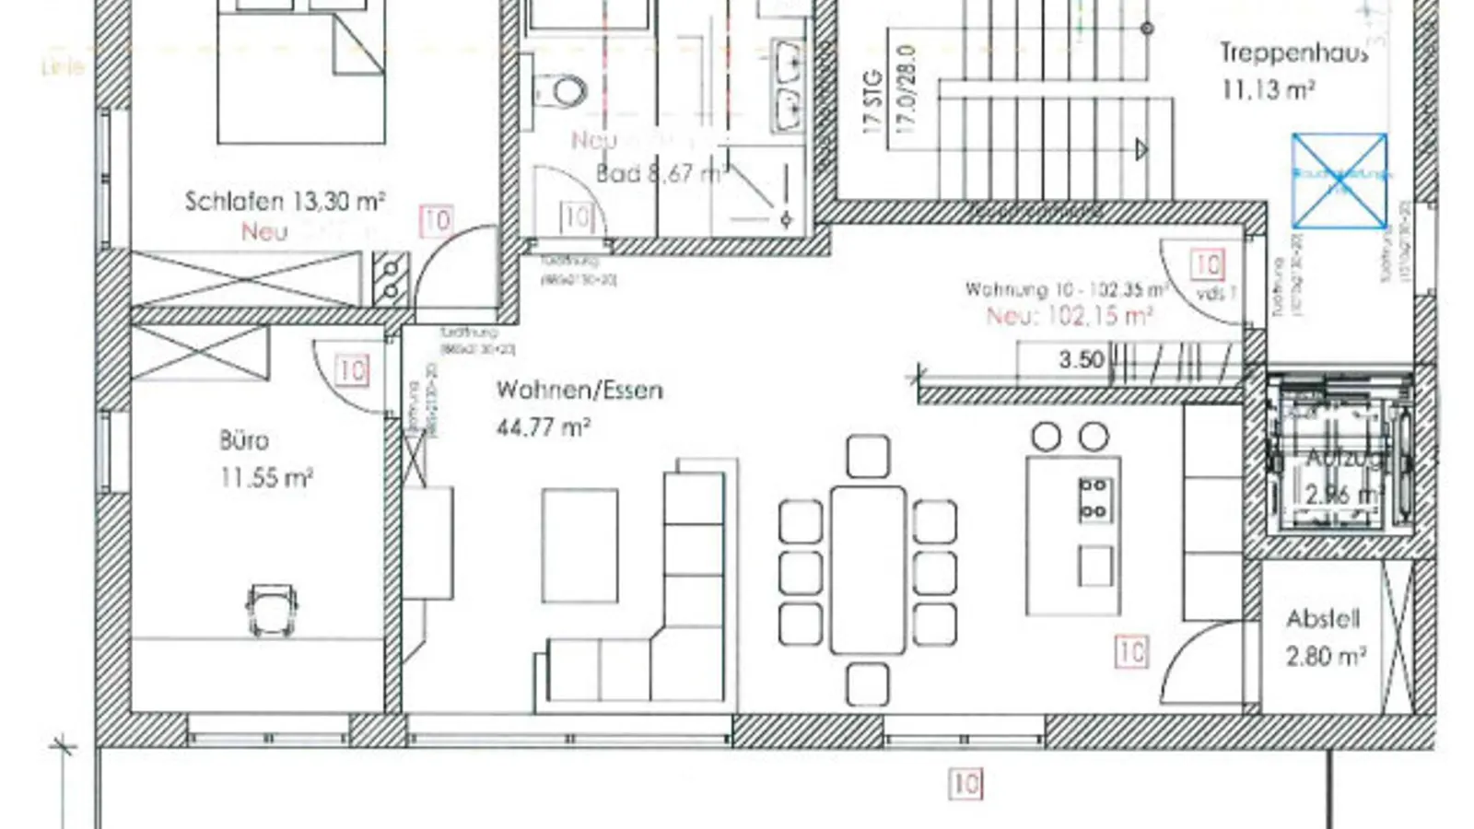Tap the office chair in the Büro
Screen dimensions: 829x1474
click(272, 608)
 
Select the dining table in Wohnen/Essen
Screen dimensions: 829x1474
click(867, 569)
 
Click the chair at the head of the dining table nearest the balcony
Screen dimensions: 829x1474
click(867, 685)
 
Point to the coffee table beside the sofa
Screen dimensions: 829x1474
click(579, 545)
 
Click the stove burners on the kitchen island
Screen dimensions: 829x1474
click(1094, 497)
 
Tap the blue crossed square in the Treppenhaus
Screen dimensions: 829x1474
click(1339, 181)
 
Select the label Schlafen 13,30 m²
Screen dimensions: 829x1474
click(285, 201)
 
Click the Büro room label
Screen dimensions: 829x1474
click(245, 440)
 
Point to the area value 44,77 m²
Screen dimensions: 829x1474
click(544, 427)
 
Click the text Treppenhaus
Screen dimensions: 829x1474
click(1293, 53)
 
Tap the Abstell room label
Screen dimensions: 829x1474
click(1323, 619)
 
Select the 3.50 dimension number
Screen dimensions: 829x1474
click(1081, 359)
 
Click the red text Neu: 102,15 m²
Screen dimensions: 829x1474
click(1070, 317)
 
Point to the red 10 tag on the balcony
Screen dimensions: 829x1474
click(965, 784)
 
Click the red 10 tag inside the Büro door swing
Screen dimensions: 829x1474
click(352, 370)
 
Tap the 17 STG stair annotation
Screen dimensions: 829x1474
click(873, 101)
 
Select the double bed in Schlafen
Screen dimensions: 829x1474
click(300, 74)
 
